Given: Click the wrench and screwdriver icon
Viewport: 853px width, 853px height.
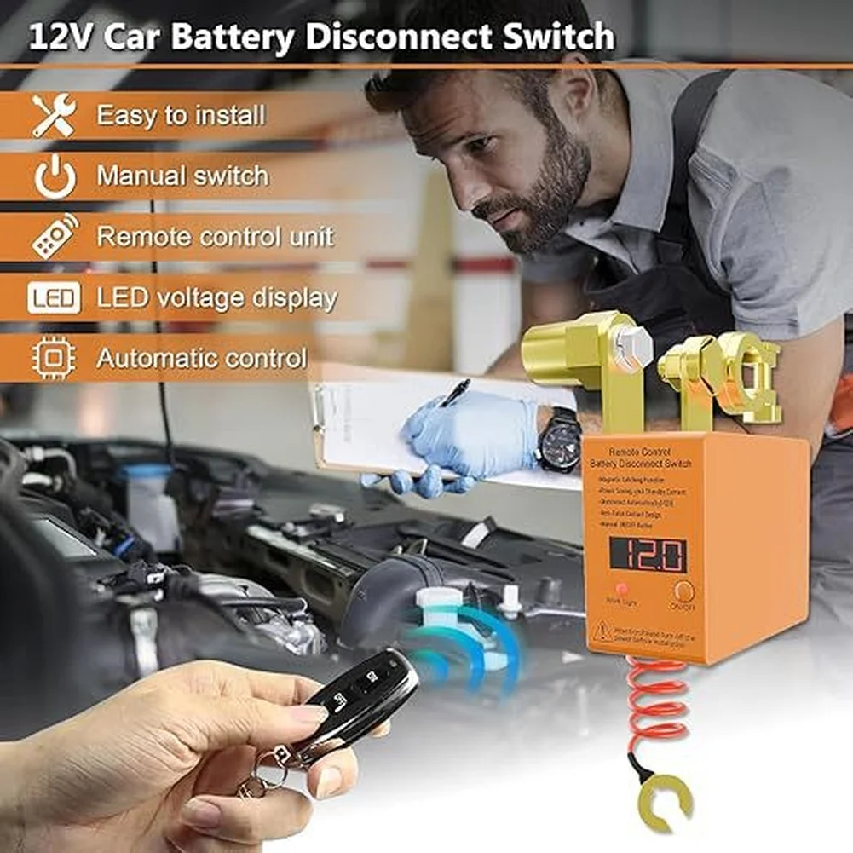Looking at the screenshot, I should (54, 115).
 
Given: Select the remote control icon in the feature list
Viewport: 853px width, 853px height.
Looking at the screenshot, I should (55, 237).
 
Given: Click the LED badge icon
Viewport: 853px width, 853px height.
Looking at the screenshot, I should (55, 298).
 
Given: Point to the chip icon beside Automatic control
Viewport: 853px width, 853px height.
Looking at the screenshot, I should (54, 359).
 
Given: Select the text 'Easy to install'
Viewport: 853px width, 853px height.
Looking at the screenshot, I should (181, 115).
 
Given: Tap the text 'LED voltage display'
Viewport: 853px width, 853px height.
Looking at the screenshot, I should (216, 298).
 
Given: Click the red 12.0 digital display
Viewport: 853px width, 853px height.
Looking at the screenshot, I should (648, 555).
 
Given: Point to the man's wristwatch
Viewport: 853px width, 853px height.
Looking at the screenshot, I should (559, 440).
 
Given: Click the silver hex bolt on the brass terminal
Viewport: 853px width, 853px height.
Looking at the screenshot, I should (631, 346).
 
